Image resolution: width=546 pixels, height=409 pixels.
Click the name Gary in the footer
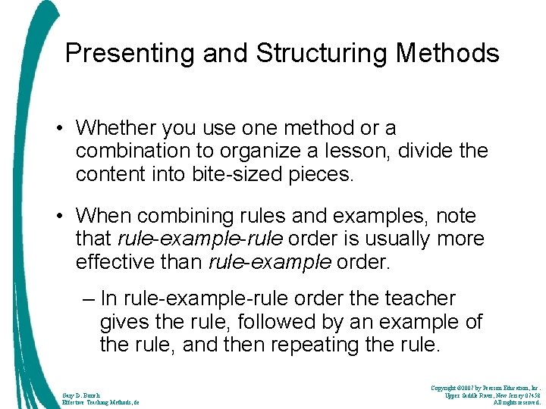[69, 395]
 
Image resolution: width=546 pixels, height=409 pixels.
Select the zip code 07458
[531, 395]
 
